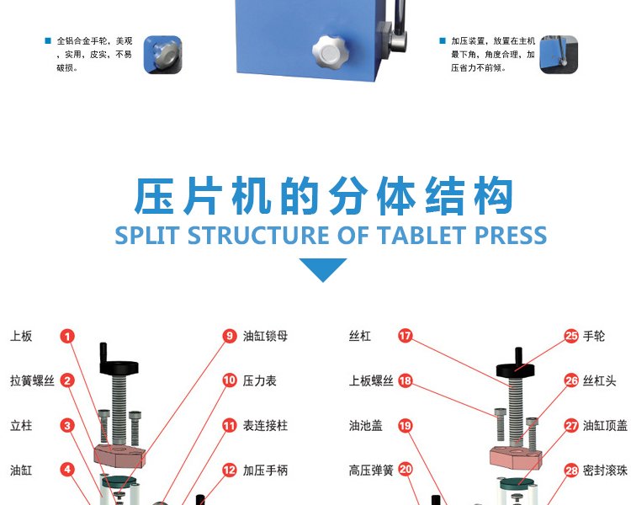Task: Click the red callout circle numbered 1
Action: click(67, 337)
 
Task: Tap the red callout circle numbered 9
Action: click(230, 336)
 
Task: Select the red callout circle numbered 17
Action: click(406, 336)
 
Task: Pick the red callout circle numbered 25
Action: click(571, 336)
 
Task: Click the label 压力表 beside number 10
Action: click(260, 381)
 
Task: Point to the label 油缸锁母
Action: click(265, 337)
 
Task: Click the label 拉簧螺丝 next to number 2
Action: click(32, 381)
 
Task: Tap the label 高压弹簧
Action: click(371, 470)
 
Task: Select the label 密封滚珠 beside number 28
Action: click(605, 470)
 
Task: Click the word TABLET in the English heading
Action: click(422, 235)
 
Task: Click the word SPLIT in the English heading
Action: click(146, 235)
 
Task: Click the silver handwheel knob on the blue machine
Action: click(329, 52)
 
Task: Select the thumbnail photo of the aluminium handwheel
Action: click(162, 55)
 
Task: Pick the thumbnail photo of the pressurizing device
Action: click(559, 55)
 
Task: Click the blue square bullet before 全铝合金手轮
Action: click(48, 40)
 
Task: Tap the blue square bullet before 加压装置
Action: click(443, 40)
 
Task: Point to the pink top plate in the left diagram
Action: click(119, 455)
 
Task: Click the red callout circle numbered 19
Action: click(406, 426)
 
